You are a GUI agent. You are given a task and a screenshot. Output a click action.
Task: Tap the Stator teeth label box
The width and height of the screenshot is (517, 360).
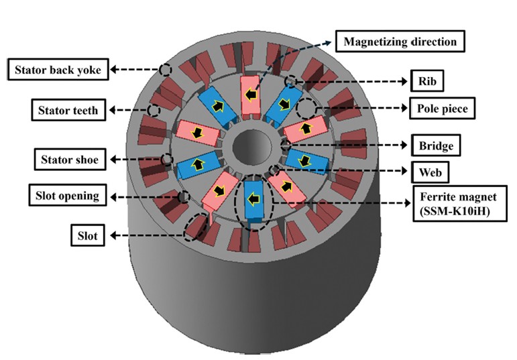(x=68, y=110)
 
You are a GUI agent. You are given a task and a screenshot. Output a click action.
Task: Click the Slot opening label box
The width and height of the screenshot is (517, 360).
(x=67, y=196)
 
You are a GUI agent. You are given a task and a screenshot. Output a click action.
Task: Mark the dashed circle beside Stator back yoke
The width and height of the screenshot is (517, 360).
(x=166, y=69)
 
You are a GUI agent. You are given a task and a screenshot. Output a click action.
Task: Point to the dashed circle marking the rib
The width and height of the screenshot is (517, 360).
(x=290, y=82)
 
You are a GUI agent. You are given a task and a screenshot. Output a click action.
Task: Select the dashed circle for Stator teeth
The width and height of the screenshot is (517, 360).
(x=154, y=110)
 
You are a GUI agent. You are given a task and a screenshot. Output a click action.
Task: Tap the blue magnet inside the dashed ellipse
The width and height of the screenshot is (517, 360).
(x=254, y=199)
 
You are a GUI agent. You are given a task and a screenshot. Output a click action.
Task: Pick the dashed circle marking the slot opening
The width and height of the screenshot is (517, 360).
(x=183, y=196)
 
